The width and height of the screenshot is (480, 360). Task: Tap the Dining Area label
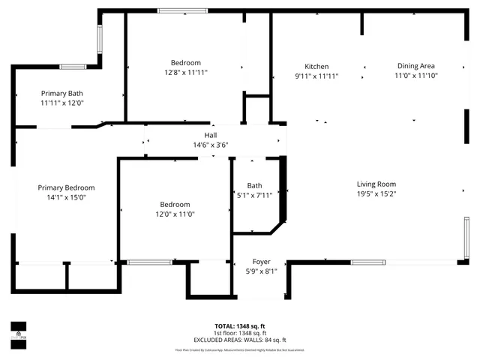pyautogui.click(x=416, y=66)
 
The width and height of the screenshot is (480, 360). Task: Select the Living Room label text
pyautogui.click(x=376, y=184)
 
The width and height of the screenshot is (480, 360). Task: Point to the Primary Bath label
pyautogui.click(x=61, y=94)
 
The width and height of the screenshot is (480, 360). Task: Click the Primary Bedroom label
pyautogui.click(x=67, y=187)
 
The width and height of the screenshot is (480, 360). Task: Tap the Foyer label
pyautogui.click(x=262, y=262)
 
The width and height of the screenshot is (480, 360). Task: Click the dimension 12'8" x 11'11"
pyautogui.click(x=185, y=73)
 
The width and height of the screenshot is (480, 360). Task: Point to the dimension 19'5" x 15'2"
pyautogui.click(x=376, y=193)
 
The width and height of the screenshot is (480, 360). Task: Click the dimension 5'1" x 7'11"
pyautogui.click(x=254, y=195)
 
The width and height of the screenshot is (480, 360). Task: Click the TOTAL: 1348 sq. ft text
pyautogui.click(x=240, y=326)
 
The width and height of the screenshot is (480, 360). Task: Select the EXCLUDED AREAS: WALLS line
pyautogui.click(x=240, y=340)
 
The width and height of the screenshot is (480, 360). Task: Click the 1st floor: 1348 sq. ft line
pyautogui.click(x=240, y=333)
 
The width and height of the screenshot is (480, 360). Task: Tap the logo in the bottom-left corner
pyautogui.click(x=18, y=331)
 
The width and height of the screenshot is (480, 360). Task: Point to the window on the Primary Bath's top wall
pyautogui.click(x=73, y=67)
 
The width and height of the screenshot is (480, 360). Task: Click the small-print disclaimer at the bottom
pyautogui.click(x=240, y=349)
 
